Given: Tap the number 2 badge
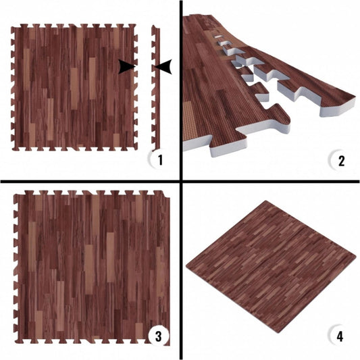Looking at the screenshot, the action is click(x=339, y=160).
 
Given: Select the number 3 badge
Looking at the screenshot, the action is click(x=159, y=336).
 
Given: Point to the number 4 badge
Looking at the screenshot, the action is click(x=338, y=336).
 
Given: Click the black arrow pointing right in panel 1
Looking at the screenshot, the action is click(x=126, y=67).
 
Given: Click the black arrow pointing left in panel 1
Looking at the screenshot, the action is click(x=163, y=67).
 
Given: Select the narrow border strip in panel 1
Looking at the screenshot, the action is click(x=155, y=87).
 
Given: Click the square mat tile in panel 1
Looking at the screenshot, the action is click(x=74, y=87).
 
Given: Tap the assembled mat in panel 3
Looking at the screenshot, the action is click(x=92, y=267).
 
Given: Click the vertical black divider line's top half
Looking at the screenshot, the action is click(x=181, y=91).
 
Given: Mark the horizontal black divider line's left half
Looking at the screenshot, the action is click(x=91, y=182).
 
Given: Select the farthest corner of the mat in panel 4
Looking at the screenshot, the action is click(x=266, y=201).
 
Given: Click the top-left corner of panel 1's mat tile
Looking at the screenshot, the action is click(x=11, y=28).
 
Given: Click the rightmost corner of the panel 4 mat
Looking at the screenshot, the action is click(x=356, y=255).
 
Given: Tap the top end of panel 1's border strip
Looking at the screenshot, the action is click(x=153, y=26).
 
